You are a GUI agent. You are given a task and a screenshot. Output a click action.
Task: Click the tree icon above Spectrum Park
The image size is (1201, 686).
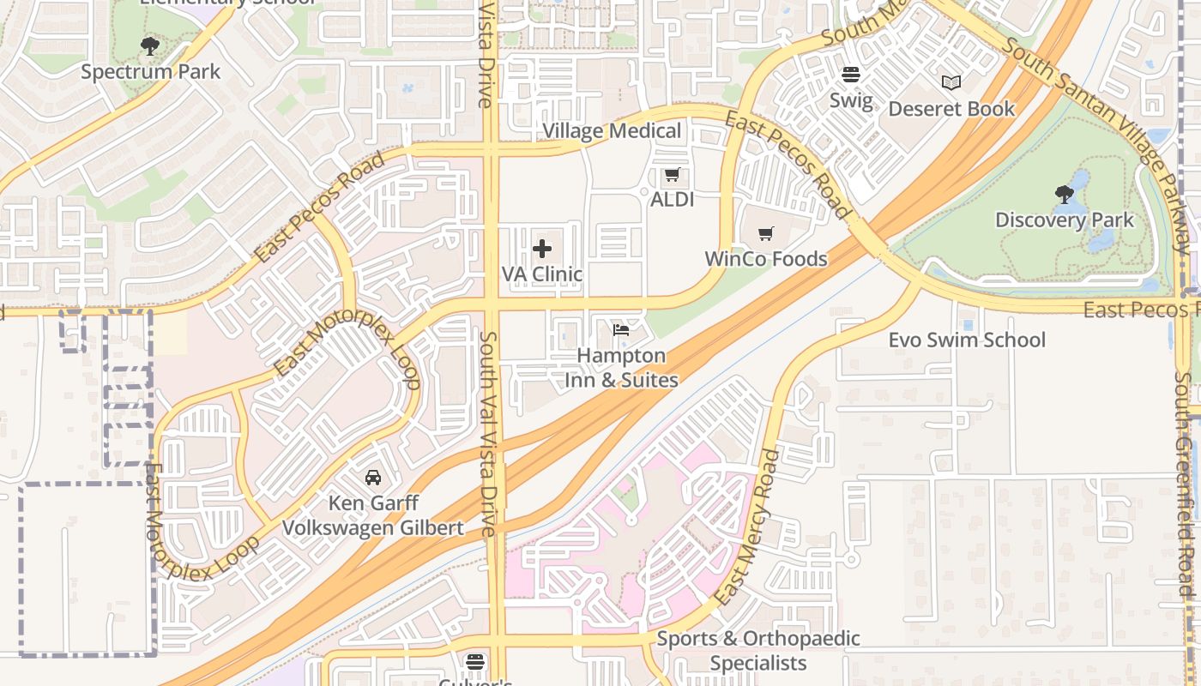[x=150, y=45]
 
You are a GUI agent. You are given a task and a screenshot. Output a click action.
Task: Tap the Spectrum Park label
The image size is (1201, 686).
[x=150, y=72]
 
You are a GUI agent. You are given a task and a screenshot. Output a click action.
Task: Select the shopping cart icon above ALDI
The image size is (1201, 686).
[x=672, y=175]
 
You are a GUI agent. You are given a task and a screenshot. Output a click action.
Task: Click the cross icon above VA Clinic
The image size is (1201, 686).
[x=542, y=250]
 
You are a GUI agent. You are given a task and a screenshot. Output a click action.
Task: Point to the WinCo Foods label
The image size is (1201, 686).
[x=765, y=259]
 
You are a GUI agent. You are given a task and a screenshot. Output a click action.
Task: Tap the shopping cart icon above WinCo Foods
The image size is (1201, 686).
[x=766, y=234]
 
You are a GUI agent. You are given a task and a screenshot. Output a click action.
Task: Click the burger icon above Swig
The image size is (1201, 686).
[x=851, y=75]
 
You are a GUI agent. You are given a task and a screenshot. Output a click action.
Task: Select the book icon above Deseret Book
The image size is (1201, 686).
[x=951, y=83]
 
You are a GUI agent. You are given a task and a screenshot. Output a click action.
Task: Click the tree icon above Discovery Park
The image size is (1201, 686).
[x=1065, y=195]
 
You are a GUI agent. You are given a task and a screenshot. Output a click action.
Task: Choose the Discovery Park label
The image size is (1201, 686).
[x=1065, y=220]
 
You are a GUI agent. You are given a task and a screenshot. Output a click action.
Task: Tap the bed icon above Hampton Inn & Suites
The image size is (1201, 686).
[x=621, y=330]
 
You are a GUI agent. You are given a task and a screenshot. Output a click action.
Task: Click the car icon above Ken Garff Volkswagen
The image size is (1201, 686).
[x=373, y=477]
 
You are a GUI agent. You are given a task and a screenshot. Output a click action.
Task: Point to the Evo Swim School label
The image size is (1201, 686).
[x=967, y=340]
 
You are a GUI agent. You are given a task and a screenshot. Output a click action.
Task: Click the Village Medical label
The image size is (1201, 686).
[x=613, y=131]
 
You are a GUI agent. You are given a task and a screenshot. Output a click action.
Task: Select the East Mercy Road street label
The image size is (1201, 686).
[x=748, y=527]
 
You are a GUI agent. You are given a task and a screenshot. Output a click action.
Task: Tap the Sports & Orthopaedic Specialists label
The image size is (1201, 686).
[x=758, y=651]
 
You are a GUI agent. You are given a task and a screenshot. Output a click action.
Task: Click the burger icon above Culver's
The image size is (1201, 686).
[x=475, y=662]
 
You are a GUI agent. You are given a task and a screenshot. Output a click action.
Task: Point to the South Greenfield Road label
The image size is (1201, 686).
[x=1186, y=480]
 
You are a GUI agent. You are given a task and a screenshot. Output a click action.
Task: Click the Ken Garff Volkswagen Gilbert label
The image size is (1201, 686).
[x=373, y=514]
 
